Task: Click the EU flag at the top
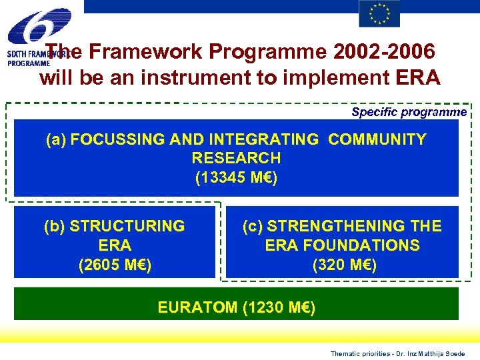pyautogui.click(x=379, y=13)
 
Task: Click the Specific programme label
pyautogui.click(x=409, y=112)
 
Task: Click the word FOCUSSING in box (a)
pyautogui.click(x=119, y=139)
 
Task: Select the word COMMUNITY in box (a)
pyautogui.click(x=377, y=139)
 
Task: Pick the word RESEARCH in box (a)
pyautogui.click(x=236, y=158)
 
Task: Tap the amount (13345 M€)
pyautogui.click(x=236, y=178)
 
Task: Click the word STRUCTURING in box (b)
pyautogui.click(x=127, y=226)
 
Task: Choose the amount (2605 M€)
pyautogui.click(x=115, y=265)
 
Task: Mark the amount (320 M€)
pyautogui.click(x=344, y=265)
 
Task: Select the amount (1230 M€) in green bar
pyautogui.click(x=279, y=307)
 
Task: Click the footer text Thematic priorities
pyautogui.click(x=358, y=353)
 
